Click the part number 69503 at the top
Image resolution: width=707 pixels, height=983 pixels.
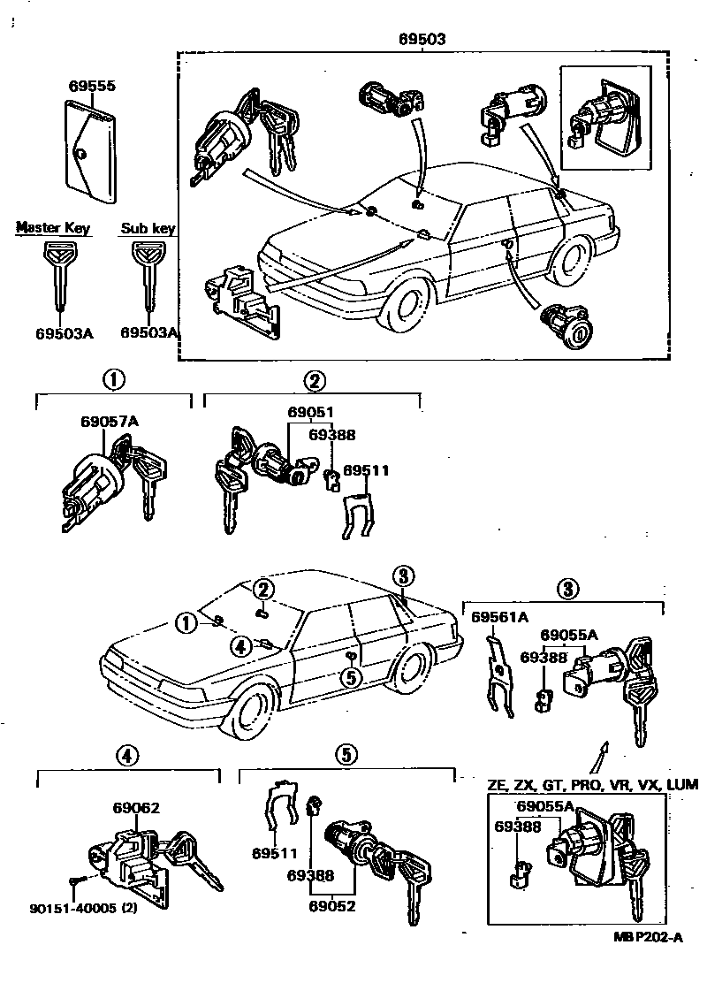pos(422,40)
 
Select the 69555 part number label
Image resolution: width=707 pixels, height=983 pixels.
pos(93,87)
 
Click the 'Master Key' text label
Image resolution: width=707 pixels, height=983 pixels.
pos(53,229)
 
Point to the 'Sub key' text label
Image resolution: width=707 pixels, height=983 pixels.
pos(148,229)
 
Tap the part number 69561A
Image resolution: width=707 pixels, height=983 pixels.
pos(499,617)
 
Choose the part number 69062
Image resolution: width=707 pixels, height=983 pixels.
pos(136,807)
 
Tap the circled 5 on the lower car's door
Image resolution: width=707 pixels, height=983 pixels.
pos(351,677)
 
